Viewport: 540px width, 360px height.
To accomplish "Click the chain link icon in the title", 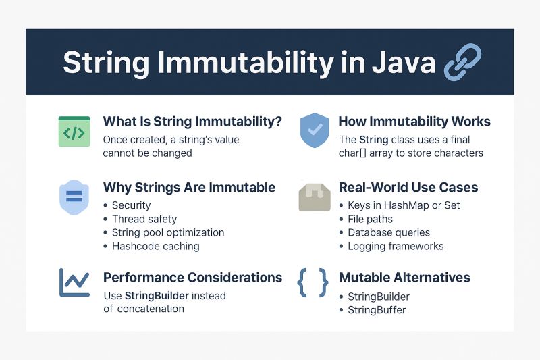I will tap(462, 62).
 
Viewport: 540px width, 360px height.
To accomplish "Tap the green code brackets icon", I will tap(74, 132).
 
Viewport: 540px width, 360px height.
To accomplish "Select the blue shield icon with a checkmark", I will tap(314, 130).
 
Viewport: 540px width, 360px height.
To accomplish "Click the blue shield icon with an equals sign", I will tap(74, 197).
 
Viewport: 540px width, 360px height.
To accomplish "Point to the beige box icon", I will tap(314, 197).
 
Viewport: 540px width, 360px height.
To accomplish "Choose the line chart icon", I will tap(74, 282).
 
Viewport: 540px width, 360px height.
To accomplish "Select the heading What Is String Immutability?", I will tap(192, 122).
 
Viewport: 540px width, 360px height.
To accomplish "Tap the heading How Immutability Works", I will tap(414, 122).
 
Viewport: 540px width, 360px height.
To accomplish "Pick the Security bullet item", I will tap(131, 205).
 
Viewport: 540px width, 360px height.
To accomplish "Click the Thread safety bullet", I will tap(144, 219).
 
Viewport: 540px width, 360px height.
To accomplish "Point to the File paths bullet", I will tap(370, 219).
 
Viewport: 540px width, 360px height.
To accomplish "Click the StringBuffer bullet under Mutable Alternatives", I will tap(376, 310).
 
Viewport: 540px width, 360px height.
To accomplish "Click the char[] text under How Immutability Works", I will tap(353, 153).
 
